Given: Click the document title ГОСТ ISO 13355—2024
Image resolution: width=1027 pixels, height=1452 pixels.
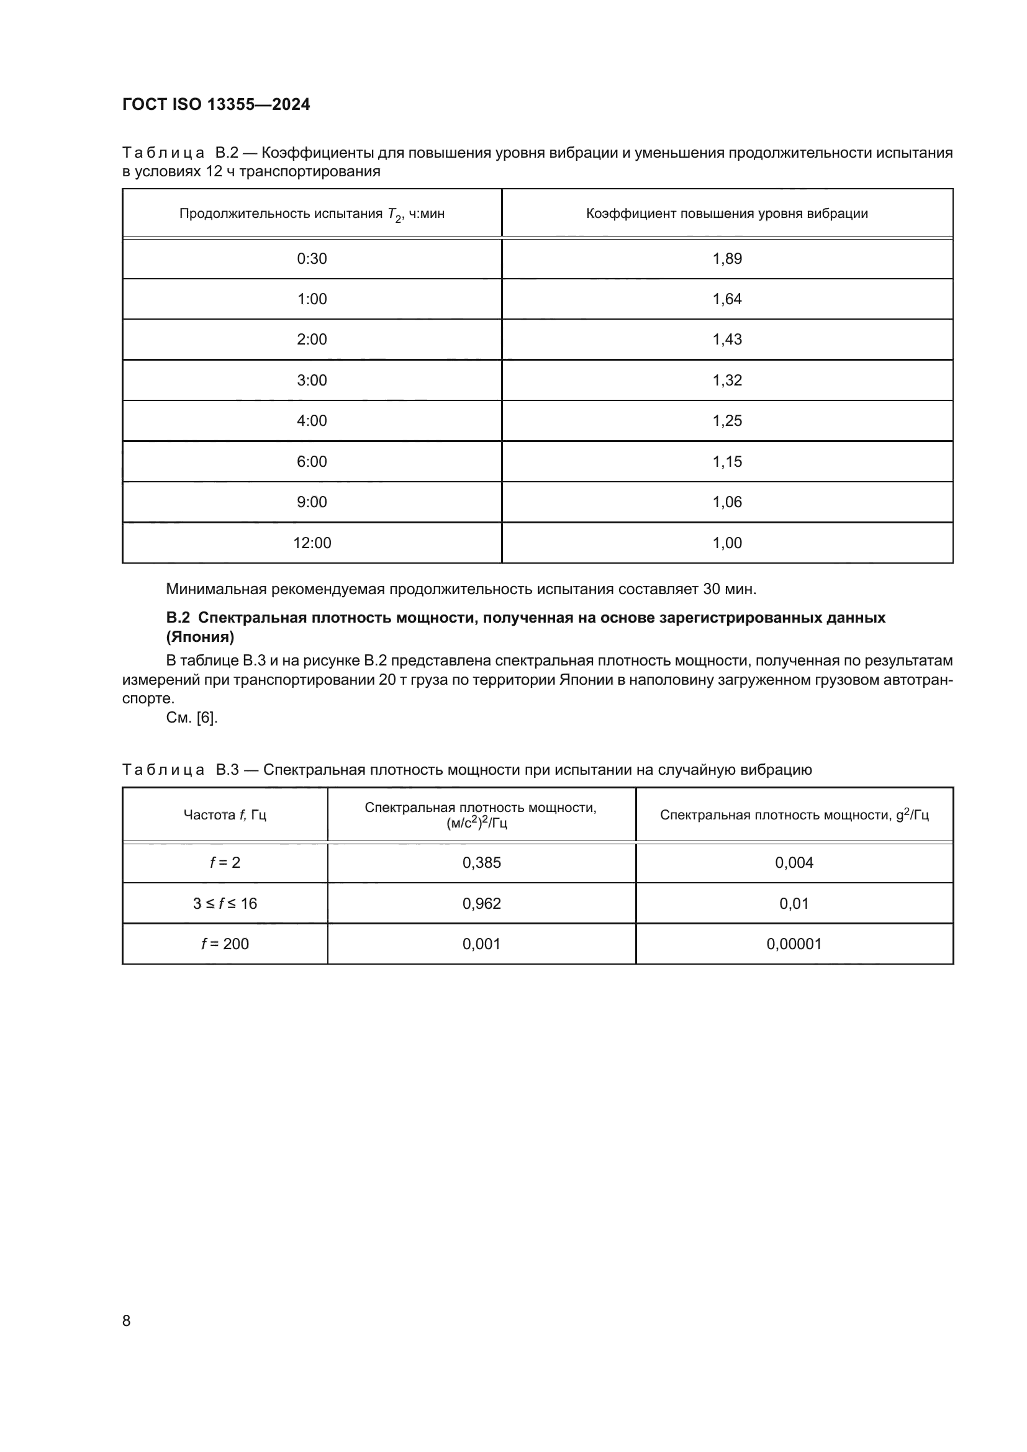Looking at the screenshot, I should (x=215, y=104).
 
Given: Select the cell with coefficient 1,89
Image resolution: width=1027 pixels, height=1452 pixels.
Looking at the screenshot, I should (x=726, y=259).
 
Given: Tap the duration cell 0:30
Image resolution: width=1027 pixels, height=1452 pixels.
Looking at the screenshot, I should (x=312, y=259).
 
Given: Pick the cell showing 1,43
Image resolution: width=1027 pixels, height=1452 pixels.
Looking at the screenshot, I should (x=726, y=340).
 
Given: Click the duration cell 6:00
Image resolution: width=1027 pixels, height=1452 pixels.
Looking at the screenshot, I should (x=312, y=462).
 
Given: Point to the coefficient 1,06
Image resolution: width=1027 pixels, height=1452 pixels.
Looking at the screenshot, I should (x=726, y=502).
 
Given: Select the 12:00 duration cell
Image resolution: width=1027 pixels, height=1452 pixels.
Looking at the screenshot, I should (x=312, y=543).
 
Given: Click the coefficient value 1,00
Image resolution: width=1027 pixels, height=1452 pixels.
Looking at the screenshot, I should (x=726, y=543).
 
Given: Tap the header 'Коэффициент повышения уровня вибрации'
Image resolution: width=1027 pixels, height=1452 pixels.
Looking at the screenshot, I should (x=726, y=214).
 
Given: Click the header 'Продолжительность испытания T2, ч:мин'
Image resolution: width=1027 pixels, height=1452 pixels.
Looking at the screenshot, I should (x=312, y=214).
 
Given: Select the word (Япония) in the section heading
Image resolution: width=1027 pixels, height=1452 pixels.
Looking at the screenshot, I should (x=200, y=637).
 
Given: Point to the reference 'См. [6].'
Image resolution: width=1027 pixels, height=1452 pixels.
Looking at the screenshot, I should (x=192, y=718).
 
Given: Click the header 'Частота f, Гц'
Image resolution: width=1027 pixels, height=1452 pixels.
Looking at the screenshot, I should (x=225, y=814).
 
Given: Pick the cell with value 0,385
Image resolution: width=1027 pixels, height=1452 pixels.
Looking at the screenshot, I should (x=481, y=863).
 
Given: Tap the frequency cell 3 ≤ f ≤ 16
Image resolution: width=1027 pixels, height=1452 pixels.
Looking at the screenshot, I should (x=225, y=903).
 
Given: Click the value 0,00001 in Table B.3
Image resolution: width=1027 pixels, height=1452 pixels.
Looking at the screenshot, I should (x=794, y=944).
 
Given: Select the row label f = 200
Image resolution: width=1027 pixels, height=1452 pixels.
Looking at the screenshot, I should (x=225, y=944).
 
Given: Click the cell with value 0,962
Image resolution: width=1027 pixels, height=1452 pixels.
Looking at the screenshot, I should (x=481, y=903).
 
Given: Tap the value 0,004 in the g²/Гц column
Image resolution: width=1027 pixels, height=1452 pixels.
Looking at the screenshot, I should (x=794, y=863).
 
